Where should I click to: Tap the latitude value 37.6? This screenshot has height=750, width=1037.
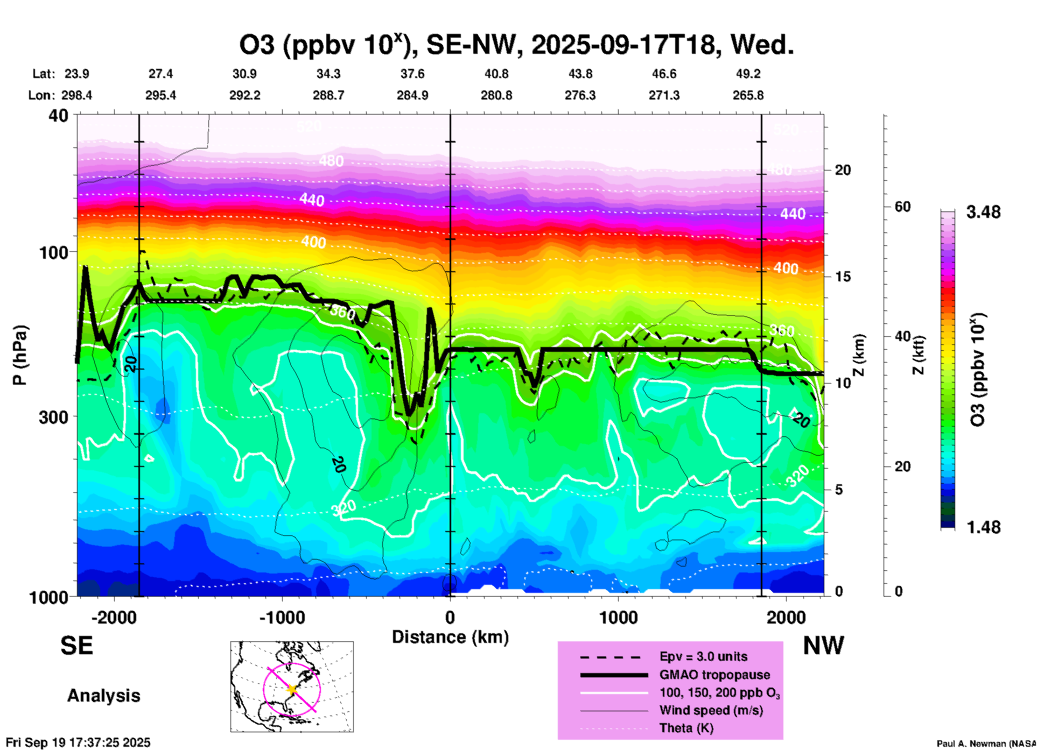coord(412,74)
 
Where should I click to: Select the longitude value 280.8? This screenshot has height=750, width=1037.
coord(496,96)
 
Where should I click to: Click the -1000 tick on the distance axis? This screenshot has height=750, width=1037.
coord(282,617)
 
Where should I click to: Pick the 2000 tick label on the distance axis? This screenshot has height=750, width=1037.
coord(786,617)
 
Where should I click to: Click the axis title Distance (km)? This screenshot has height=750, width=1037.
coord(450,637)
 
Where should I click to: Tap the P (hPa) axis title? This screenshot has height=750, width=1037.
coord(20,355)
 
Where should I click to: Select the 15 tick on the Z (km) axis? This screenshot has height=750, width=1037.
coord(843,277)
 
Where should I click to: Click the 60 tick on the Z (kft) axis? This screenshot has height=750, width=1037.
coord(902,207)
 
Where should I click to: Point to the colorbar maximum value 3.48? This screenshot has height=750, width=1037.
coord(983,213)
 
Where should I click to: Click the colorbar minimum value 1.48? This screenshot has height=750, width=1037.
coord(983,527)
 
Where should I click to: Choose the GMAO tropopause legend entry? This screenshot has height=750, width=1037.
coord(714,675)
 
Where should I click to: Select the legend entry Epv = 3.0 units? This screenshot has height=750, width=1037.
coord(703,656)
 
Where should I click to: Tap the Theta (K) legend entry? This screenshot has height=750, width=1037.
coord(686,728)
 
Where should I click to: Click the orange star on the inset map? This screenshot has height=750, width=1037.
coord(292,689)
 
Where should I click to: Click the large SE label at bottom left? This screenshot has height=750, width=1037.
coord(76,646)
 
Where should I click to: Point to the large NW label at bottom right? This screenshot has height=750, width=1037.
coord(823,646)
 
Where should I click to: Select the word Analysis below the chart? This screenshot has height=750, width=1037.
coord(103,696)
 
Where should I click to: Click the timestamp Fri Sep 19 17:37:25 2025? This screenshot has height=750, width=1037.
coord(79,742)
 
